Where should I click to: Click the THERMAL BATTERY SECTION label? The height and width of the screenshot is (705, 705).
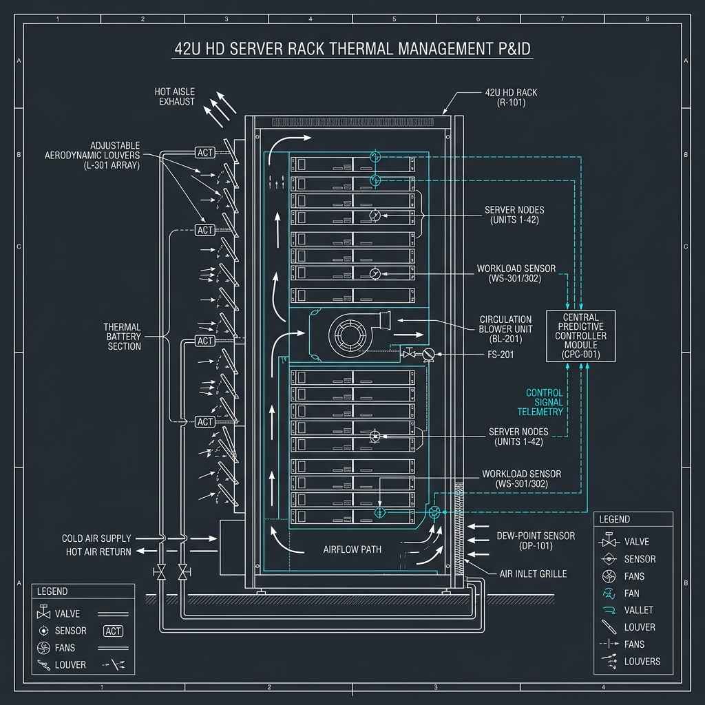pos(123,337)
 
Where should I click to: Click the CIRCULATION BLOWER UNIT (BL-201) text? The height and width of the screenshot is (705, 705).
pos(505,329)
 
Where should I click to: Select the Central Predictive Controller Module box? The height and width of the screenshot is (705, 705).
pos(580,336)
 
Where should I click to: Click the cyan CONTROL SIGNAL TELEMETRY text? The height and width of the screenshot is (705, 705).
pos(544,402)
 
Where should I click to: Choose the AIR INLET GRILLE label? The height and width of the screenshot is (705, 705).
pos(533,574)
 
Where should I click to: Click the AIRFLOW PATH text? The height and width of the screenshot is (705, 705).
pos(352,550)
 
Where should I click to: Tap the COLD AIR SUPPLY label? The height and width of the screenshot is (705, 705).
pos(96,538)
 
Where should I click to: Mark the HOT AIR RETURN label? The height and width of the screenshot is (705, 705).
pos(98,551)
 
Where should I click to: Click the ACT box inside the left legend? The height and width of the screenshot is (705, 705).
pos(113,631)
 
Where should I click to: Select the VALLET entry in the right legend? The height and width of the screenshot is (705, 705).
pos(638,610)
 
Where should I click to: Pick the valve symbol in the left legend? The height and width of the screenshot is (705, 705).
pos(43,613)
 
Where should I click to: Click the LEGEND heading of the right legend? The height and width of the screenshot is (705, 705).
pos(614,519)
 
